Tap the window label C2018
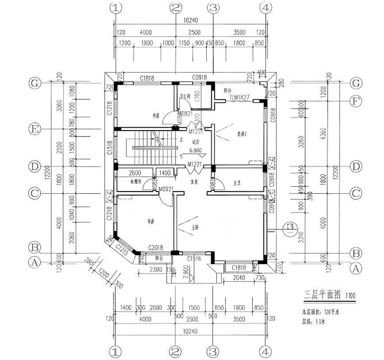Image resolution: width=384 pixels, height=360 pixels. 155,248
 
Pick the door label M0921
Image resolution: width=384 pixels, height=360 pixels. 165,189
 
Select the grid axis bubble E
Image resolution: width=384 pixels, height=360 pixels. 35,128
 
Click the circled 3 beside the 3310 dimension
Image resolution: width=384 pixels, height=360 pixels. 289,226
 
